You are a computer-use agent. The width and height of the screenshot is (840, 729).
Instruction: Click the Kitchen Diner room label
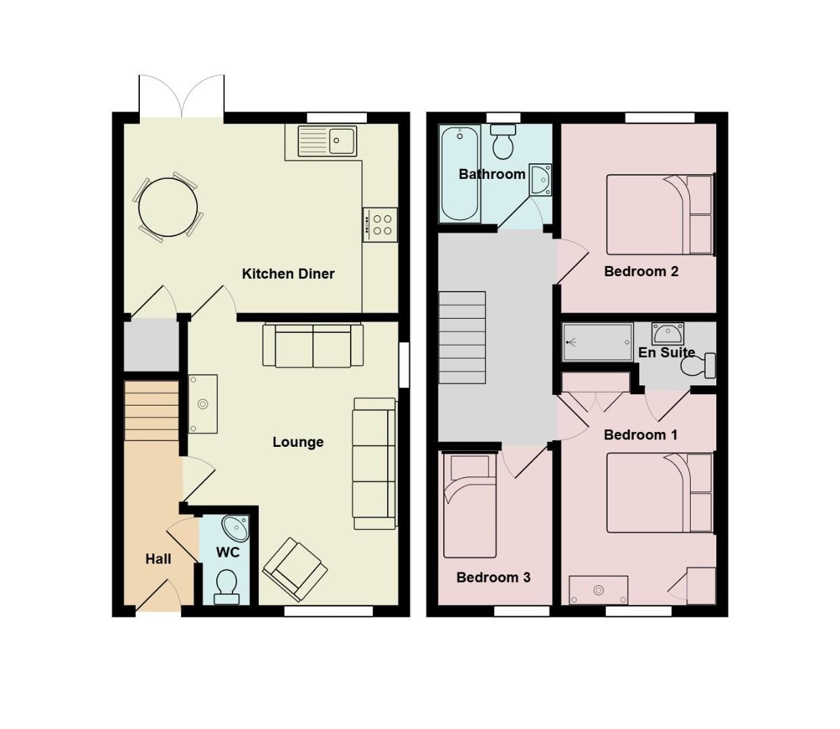click(x=288, y=273)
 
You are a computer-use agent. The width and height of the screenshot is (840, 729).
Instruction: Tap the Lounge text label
click(x=298, y=442)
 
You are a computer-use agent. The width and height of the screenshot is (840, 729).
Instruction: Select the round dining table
click(x=168, y=207)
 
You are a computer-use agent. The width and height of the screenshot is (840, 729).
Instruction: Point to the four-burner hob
click(x=380, y=224)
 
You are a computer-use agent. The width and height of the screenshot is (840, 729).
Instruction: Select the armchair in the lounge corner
click(x=295, y=570)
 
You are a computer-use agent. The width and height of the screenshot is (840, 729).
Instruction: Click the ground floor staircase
click(x=151, y=410)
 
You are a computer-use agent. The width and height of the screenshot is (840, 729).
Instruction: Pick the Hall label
click(x=158, y=559)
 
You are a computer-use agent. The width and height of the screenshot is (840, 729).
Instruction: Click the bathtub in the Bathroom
click(x=460, y=174)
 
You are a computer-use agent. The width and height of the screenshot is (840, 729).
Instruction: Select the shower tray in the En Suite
click(x=597, y=342)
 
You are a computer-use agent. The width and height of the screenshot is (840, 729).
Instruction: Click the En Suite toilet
click(x=698, y=365)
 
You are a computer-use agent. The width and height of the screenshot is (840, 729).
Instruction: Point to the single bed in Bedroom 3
click(x=470, y=505)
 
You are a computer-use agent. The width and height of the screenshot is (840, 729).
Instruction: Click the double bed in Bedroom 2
click(x=659, y=214)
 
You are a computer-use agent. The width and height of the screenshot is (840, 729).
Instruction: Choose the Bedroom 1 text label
click(x=640, y=435)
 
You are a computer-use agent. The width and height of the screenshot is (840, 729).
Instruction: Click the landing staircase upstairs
click(x=462, y=337)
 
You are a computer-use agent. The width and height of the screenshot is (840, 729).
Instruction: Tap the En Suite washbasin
click(x=668, y=333)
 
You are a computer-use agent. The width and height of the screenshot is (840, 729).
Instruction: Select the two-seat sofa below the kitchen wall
click(x=313, y=346)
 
